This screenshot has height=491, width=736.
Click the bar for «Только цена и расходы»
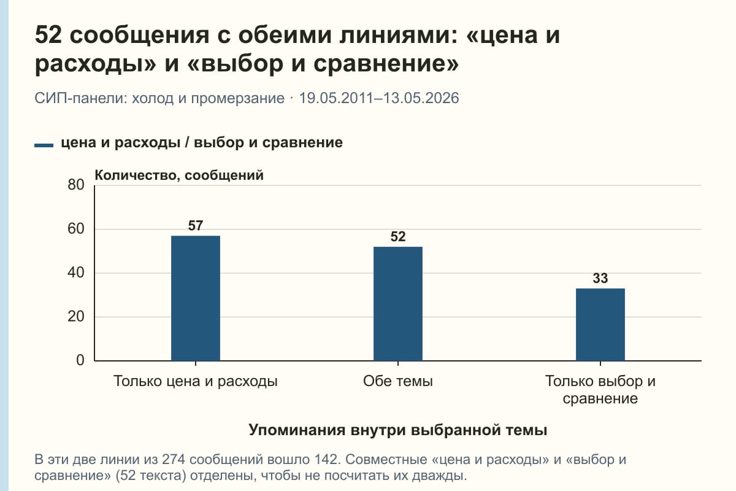point(196,298)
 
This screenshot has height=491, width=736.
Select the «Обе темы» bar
point(398,304)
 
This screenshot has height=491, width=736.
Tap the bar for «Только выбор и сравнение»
point(600,325)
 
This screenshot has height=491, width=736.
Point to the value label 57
point(196,226)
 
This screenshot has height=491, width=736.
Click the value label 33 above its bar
point(600,278)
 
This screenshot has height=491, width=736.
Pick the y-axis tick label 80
point(76,185)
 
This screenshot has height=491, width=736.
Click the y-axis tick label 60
point(76,229)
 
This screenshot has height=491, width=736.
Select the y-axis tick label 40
point(76,273)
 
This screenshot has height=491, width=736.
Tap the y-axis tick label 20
point(76,317)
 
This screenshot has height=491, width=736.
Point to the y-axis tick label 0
point(80,360)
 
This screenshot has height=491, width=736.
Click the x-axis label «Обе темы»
point(398,381)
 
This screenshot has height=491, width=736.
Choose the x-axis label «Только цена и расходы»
point(196,381)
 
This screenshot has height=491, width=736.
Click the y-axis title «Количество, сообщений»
point(179,176)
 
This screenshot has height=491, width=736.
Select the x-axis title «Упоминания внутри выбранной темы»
point(398,430)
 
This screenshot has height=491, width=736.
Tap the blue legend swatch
point(44,145)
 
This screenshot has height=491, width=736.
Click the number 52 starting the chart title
point(48,35)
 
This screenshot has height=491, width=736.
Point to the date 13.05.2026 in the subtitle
point(421,98)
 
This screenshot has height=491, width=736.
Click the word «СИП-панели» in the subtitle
point(81,98)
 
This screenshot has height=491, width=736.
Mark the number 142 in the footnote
point(326,460)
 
